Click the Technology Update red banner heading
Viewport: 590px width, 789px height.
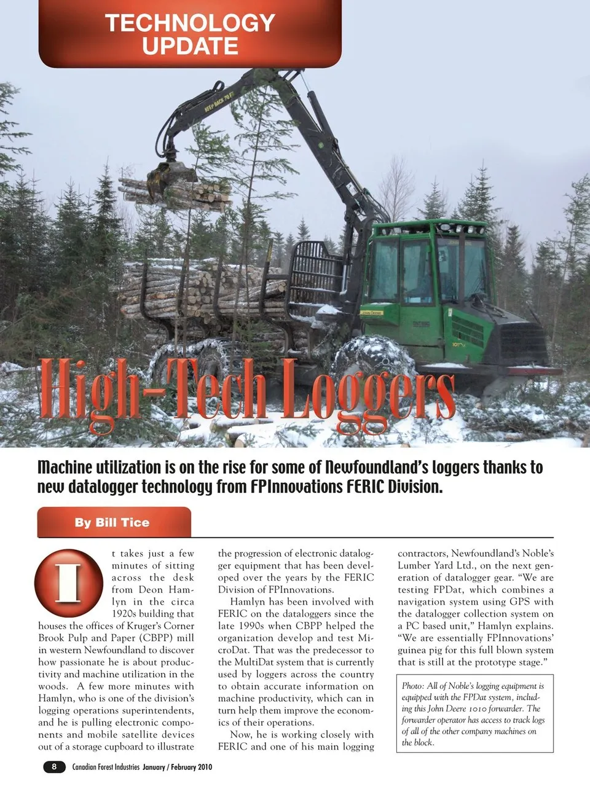pos(190,34)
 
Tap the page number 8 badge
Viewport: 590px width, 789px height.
pos(54,766)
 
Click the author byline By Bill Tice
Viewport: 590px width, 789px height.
pos(112,523)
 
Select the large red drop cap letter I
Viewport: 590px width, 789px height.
pos(68,583)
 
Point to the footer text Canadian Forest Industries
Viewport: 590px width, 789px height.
pos(106,767)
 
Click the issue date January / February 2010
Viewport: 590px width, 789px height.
pos(178,767)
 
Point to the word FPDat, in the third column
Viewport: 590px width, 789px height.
pos(450,590)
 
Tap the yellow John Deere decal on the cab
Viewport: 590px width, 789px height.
pos(372,313)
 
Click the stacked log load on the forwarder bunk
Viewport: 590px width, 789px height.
pos(203,289)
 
